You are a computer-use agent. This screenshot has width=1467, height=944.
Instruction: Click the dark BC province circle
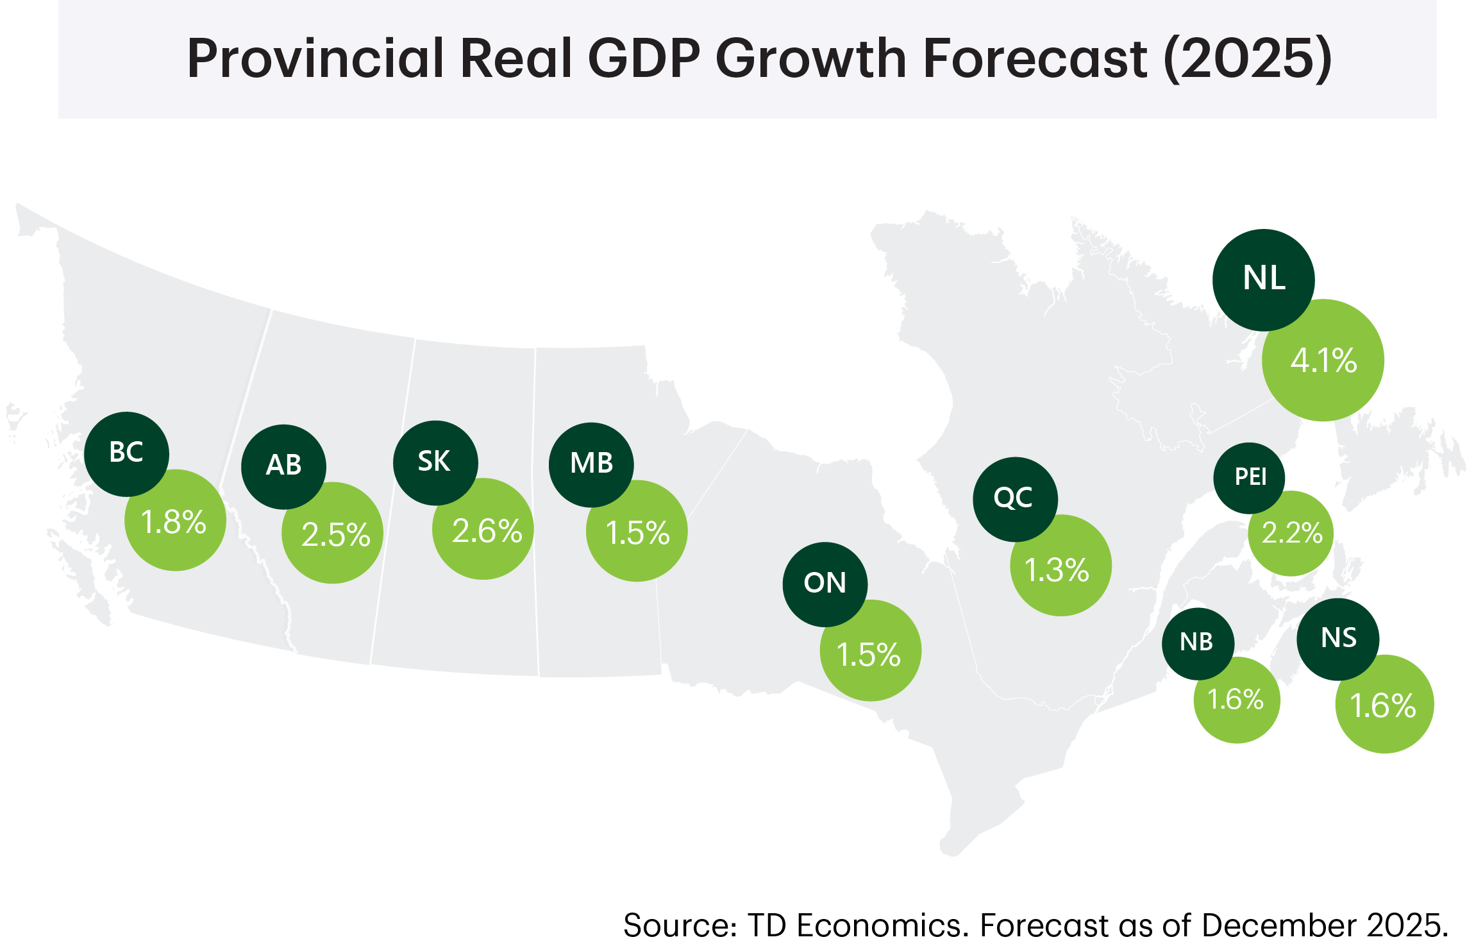point(126,453)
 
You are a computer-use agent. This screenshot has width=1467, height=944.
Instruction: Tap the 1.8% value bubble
point(174,521)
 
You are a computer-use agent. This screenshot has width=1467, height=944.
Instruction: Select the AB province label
point(283,466)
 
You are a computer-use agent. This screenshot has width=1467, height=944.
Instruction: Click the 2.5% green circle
point(334,534)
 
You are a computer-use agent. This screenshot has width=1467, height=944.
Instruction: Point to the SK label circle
point(435,462)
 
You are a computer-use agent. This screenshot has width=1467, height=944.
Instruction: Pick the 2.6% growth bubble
point(485,530)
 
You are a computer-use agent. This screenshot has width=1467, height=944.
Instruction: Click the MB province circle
point(591,464)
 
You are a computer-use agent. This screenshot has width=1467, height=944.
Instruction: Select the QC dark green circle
point(1014,498)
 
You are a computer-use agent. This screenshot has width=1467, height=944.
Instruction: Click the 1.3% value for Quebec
point(1059,568)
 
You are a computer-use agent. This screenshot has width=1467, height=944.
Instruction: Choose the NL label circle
point(1263,280)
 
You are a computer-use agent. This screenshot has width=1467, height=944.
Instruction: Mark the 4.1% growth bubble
point(1323,360)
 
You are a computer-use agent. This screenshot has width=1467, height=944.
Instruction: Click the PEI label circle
point(1249,477)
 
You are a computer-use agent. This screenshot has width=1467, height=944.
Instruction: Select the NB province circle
point(1197,643)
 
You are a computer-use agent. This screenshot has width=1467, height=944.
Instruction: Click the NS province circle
point(1338,639)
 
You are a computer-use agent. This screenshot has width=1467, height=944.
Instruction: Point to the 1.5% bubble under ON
point(870,653)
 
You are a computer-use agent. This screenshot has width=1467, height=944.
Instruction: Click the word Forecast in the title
point(1035,58)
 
